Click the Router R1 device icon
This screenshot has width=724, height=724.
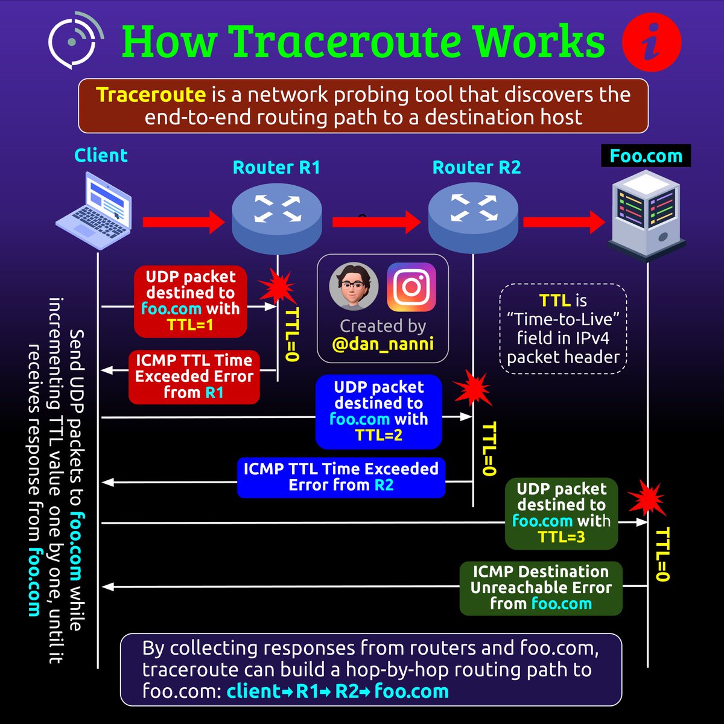(277, 218)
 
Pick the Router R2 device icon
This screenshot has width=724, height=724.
(473, 218)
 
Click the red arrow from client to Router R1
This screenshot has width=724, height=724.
(183, 222)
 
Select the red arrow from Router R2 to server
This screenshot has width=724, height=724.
(564, 222)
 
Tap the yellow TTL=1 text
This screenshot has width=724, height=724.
(190, 325)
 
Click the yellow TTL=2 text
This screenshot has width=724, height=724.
(378, 435)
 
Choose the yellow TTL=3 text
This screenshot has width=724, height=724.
(561, 536)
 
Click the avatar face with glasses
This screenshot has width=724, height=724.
(354, 286)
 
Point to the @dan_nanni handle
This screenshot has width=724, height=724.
(383, 345)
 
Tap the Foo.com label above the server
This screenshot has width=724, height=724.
(646, 156)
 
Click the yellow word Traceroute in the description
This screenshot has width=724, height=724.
(151, 95)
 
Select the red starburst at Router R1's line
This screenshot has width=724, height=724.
(277, 287)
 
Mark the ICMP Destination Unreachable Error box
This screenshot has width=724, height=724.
(541, 588)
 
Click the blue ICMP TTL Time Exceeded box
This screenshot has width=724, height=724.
(341, 477)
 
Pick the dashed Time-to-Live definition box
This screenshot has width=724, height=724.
(563, 329)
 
